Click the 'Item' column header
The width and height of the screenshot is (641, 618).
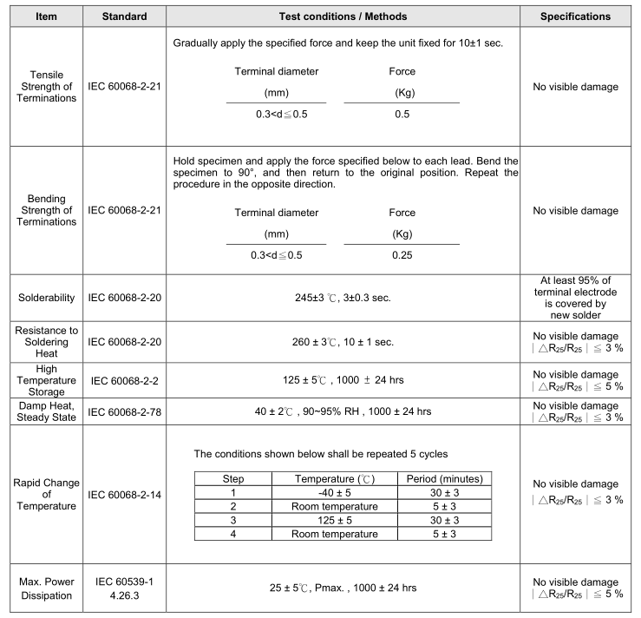42,16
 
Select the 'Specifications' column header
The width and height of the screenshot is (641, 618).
575,16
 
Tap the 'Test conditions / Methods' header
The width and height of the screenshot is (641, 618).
343,16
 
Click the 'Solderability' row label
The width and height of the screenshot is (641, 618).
42,298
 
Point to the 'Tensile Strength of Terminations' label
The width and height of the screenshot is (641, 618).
42,87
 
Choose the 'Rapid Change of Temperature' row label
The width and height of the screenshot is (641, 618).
42,495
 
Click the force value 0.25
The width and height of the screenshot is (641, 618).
402,255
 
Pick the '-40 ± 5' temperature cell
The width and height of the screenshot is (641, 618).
336,492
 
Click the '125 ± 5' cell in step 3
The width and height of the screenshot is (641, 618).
336,520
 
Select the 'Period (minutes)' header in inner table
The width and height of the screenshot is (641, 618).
445,478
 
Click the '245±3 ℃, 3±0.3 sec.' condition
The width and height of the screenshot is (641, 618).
343,298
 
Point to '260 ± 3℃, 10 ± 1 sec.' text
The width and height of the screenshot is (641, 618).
343,342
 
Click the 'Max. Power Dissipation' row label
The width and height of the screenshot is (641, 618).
42,587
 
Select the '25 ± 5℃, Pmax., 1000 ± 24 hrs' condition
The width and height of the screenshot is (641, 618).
343,588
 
